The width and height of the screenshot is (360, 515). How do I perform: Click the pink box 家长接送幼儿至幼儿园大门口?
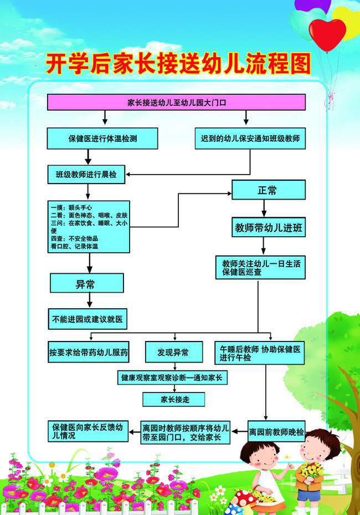point(177,102)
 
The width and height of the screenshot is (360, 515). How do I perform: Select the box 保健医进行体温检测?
point(102,138)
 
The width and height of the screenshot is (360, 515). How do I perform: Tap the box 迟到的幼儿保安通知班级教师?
point(250,138)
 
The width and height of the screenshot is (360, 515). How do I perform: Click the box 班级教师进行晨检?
point(86,174)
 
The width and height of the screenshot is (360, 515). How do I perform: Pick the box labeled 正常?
point(269,190)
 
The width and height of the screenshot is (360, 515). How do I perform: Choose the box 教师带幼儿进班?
point(269,227)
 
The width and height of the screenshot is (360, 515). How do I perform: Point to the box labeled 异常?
point(86,283)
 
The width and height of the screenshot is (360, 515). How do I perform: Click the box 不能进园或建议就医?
point(88,319)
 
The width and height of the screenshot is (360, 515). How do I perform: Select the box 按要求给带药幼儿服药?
point(88,352)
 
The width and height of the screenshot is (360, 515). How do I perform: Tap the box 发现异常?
point(174,352)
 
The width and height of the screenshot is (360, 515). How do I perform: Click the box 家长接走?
point(173,399)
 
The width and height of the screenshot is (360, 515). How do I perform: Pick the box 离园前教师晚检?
point(276,431)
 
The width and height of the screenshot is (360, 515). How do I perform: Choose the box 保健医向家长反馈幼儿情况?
point(88,431)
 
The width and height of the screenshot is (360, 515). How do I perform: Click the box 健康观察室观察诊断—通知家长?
point(172,378)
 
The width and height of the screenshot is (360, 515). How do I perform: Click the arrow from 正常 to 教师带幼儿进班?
point(264,208)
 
